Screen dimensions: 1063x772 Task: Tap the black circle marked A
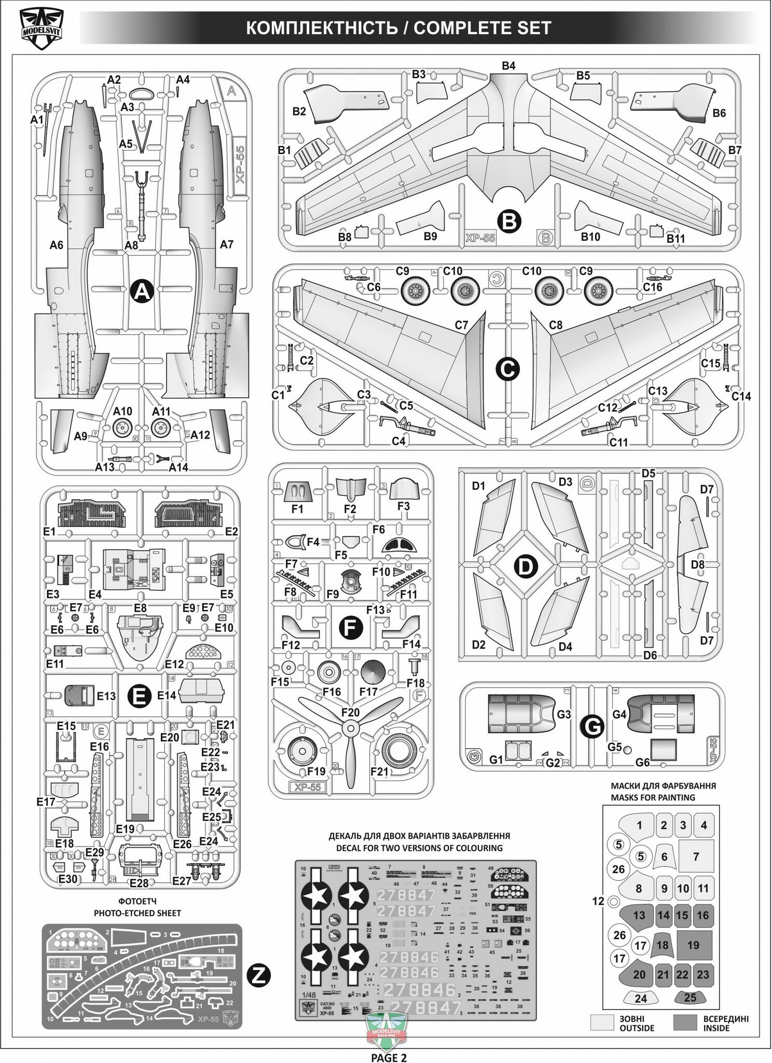141,293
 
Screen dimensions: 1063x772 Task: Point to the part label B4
508,65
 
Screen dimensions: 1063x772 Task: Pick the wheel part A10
123,427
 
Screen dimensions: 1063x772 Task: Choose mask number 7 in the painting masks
696,856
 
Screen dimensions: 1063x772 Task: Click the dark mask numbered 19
693,945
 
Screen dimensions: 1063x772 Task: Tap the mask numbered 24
641,998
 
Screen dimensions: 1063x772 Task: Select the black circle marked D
526,567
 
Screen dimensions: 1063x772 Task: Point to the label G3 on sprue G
563,714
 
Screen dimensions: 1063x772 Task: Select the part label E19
126,829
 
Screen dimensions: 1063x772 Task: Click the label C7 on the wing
461,325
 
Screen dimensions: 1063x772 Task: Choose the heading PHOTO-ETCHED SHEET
137,913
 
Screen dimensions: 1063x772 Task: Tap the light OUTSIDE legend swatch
601,1023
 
